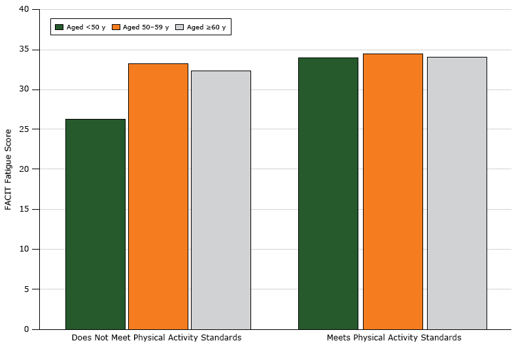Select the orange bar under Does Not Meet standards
click(158, 196)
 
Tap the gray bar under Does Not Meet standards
click(220, 200)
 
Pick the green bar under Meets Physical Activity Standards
click(328, 193)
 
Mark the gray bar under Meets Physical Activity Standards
click(456, 193)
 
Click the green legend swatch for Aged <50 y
click(60, 27)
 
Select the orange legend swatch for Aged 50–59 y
click(117, 27)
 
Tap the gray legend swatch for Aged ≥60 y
click(180, 27)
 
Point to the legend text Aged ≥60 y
click(207, 27)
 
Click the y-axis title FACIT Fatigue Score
click(9, 169)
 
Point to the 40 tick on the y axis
click(24, 10)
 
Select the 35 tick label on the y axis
click(24, 50)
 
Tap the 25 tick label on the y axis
click(24, 129)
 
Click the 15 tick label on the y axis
click(24, 209)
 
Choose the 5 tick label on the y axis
click(27, 289)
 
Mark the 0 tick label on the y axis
click(27, 329)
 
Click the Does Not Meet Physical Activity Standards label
click(156, 338)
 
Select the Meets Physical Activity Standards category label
click(394, 338)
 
